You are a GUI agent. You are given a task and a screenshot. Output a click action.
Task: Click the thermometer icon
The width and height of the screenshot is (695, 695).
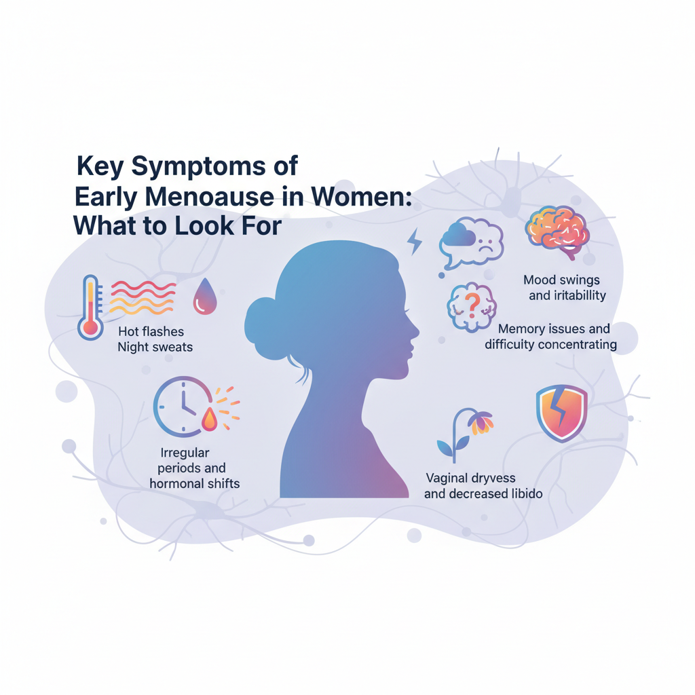[x=90, y=307]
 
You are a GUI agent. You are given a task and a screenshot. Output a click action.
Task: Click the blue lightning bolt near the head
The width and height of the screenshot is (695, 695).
[x=415, y=242]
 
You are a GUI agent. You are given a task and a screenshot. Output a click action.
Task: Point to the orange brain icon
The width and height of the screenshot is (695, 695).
[x=557, y=232]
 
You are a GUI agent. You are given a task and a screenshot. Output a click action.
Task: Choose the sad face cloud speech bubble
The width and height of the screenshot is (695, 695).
[x=471, y=243]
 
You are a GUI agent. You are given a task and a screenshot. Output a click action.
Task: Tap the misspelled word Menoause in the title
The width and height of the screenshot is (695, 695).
[x=210, y=198]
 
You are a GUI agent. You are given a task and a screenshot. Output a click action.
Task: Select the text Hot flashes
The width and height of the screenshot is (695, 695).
[x=151, y=331]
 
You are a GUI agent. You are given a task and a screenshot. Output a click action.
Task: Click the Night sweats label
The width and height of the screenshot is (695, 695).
[x=155, y=347]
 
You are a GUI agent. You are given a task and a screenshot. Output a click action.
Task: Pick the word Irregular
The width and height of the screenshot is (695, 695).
[x=185, y=453]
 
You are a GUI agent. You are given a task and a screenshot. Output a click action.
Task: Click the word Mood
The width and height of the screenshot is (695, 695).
[x=539, y=280]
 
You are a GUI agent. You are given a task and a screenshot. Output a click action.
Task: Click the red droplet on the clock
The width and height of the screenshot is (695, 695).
[x=209, y=419]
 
